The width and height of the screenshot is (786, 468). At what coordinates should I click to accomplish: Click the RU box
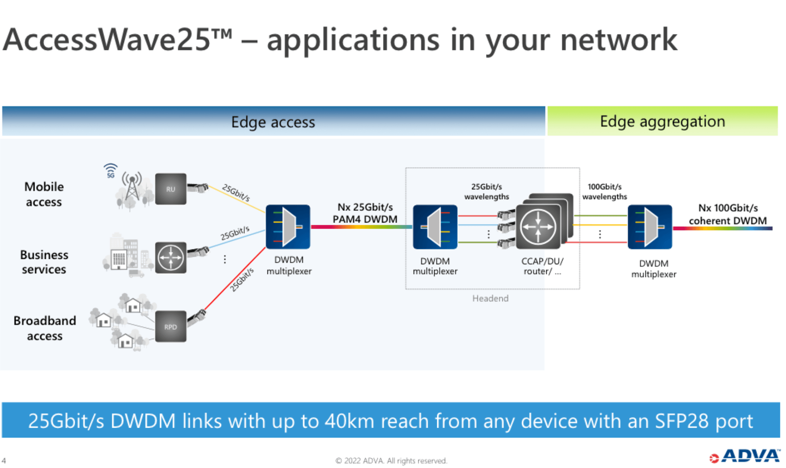[171, 189]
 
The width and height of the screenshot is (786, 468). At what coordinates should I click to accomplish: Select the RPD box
[171, 326]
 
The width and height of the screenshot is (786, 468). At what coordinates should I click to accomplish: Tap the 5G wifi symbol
[111, 170]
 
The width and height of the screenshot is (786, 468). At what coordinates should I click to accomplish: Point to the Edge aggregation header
[662, 121]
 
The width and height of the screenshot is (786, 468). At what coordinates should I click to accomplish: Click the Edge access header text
[273, 122]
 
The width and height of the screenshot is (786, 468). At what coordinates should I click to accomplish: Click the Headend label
[490, 298]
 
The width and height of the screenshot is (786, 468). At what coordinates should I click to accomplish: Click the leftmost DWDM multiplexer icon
[288, 227]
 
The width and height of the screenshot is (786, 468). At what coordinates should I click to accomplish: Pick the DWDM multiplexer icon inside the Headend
[435, 227]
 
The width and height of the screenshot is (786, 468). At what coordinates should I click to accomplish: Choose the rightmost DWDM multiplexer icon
[650, 227]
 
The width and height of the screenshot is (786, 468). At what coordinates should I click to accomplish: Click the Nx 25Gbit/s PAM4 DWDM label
[365, 213]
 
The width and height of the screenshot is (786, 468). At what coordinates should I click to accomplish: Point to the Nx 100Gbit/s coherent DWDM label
[728, 214]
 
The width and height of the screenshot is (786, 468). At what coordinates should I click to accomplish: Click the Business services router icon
[171, 257]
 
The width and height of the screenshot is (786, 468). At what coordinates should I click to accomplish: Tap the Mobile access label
[44, 194]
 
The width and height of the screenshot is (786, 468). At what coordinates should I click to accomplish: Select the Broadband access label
[45, 328]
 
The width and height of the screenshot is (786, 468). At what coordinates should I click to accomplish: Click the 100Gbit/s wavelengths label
[604, 191]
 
